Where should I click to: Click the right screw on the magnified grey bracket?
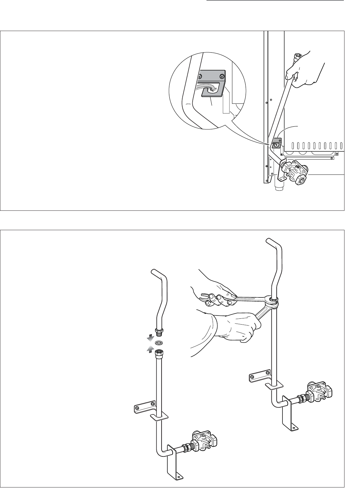click(x=221, y=76)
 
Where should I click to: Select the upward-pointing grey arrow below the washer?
click(x=150, y=349)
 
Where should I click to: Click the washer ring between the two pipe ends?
click(x=159, y=343)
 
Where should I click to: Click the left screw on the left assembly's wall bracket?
click(x=138, y=408)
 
